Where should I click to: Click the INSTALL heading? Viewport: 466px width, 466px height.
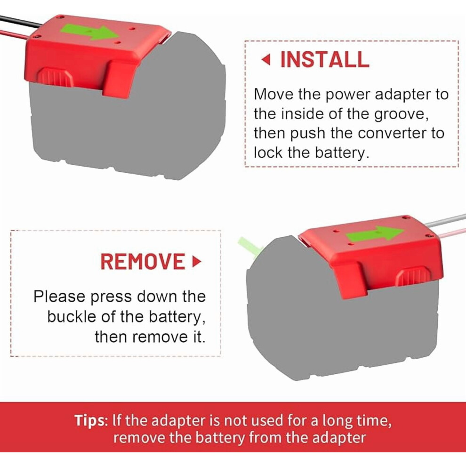pyautogui.click(x=325, y=59)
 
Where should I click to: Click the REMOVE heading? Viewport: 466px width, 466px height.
pyautogui.click(x=143, y=262)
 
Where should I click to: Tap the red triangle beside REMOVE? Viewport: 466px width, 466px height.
pyautogui.click(x=197, y=262)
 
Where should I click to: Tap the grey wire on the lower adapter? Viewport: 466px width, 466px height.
pyautogui.click(x=445, y=220)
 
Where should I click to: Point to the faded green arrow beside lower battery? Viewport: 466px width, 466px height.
pyautogui.click(x=249, y=246)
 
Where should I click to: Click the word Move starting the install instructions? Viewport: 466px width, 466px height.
pyautogui.click(x=273, y=95)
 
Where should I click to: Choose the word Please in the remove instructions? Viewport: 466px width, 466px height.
pyautogui.click(x=59, y=297)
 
